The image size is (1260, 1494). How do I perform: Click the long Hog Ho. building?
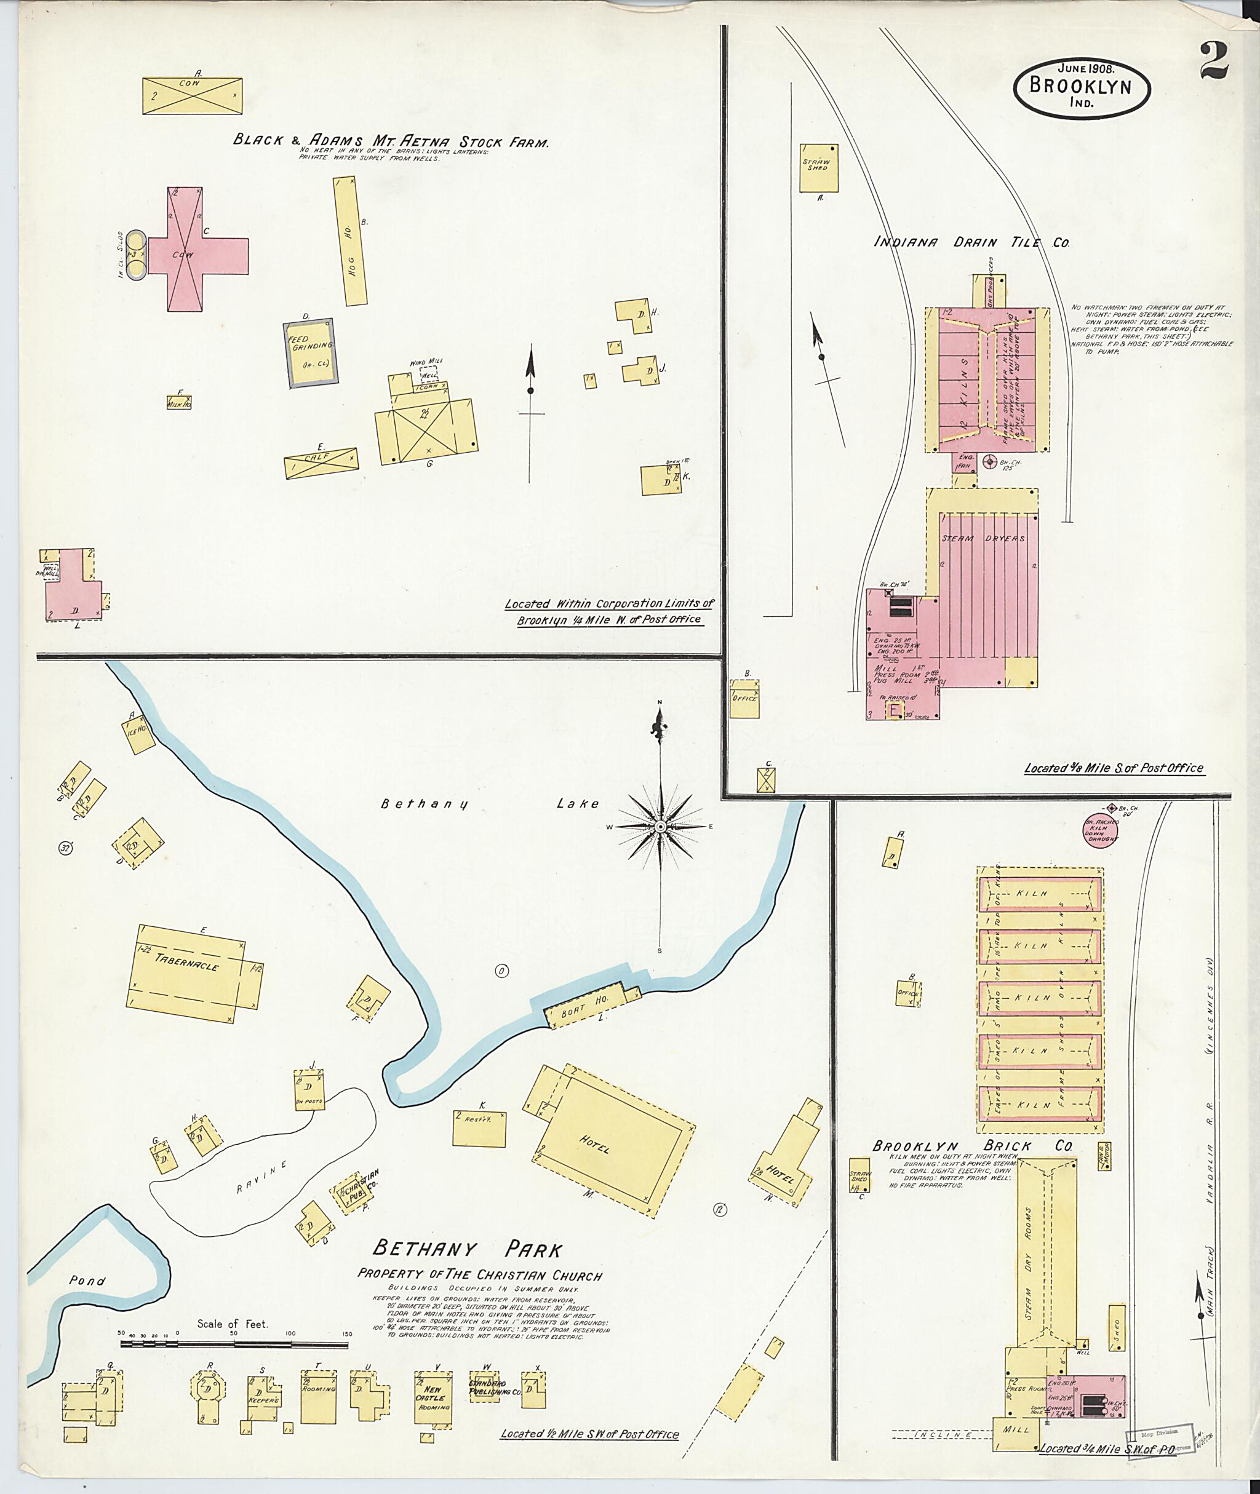[x=350, y=241]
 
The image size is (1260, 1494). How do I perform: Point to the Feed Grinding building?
[x=311, y=353]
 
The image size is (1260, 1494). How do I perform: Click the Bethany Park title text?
[x=467, y=1249]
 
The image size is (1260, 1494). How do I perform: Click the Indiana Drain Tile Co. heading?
[x=971, y=242]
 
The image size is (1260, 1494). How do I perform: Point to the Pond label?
[x=87, y=1281]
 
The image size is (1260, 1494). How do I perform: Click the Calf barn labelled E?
[x=321, y=463]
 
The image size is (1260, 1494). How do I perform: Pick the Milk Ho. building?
[x=178, y=402]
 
